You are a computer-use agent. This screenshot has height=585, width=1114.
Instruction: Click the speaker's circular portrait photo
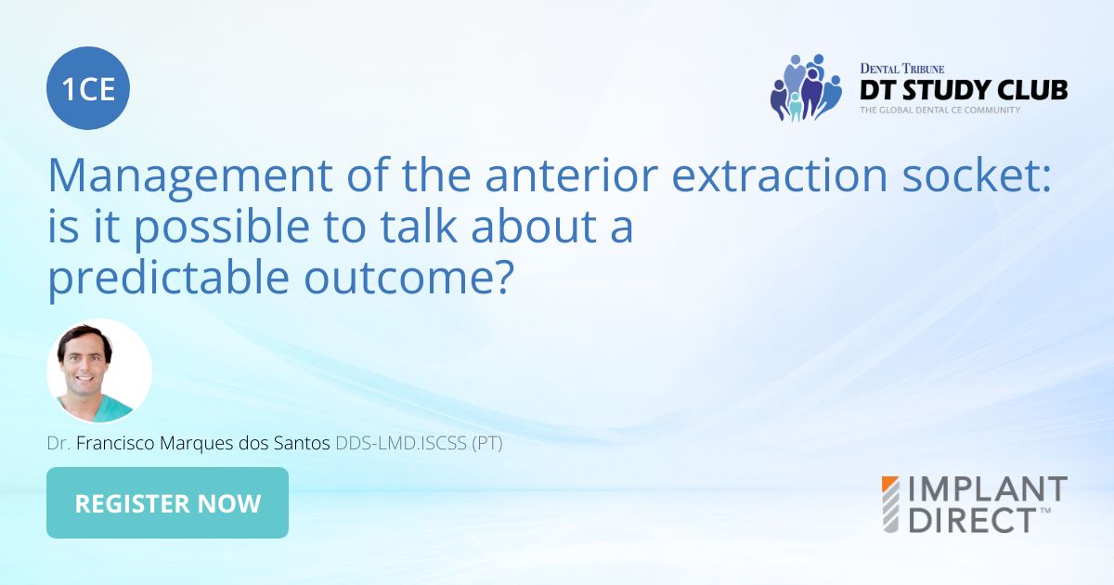(x=99, y=371)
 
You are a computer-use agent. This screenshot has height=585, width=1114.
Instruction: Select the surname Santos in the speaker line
(x=296, y=444)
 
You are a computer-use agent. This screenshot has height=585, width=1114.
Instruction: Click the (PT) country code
(x=487, y=444)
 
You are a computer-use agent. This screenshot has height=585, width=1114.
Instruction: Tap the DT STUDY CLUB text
(x=964, y=90)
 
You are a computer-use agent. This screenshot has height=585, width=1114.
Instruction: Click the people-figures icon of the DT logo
(x=804, y=87)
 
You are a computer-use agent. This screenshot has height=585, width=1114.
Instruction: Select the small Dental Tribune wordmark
(x=902, y=69)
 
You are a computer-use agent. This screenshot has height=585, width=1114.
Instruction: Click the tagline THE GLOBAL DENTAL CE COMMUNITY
(x=939, y=110)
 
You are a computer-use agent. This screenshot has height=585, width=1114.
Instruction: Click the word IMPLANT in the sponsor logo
(x=988, y=489)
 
